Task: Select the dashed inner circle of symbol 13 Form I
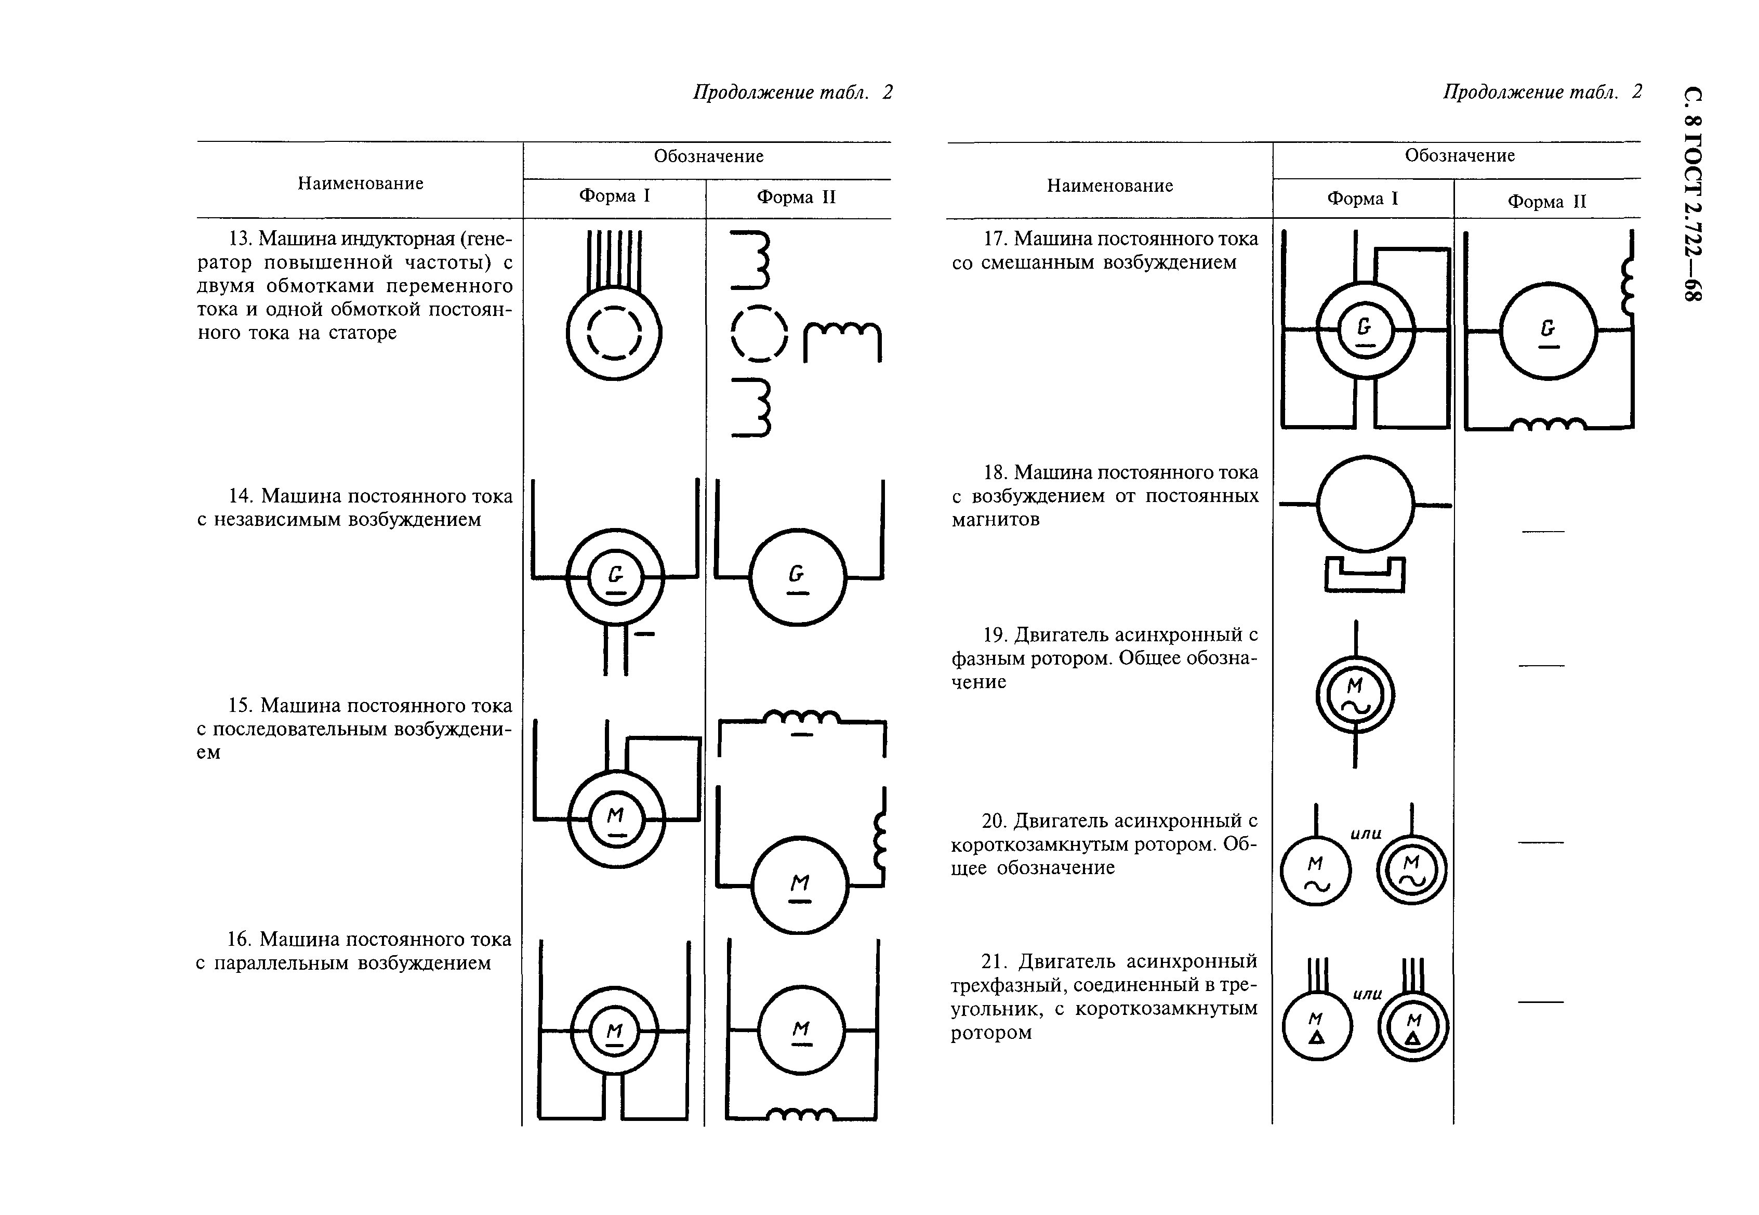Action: click(x=614, y=333)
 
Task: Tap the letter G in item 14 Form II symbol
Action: click(x=796, y=573)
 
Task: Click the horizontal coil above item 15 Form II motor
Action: click(x=801, y=716)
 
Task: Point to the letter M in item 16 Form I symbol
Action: click(x=614, y=1031)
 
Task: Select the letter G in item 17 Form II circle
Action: click(x=1548, y=327)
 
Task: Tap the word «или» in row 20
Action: click(x=1366, y=834)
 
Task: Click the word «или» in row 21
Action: click(x=1367, y=994)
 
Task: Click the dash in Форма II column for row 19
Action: click(x=1541, y=665)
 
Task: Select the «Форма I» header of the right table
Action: click(x=1363, y=199)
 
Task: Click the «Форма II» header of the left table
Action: click(x=796, y=197)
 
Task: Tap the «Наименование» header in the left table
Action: click(x=360, y=183)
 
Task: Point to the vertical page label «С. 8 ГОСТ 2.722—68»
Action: click(x=1692, y=194)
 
